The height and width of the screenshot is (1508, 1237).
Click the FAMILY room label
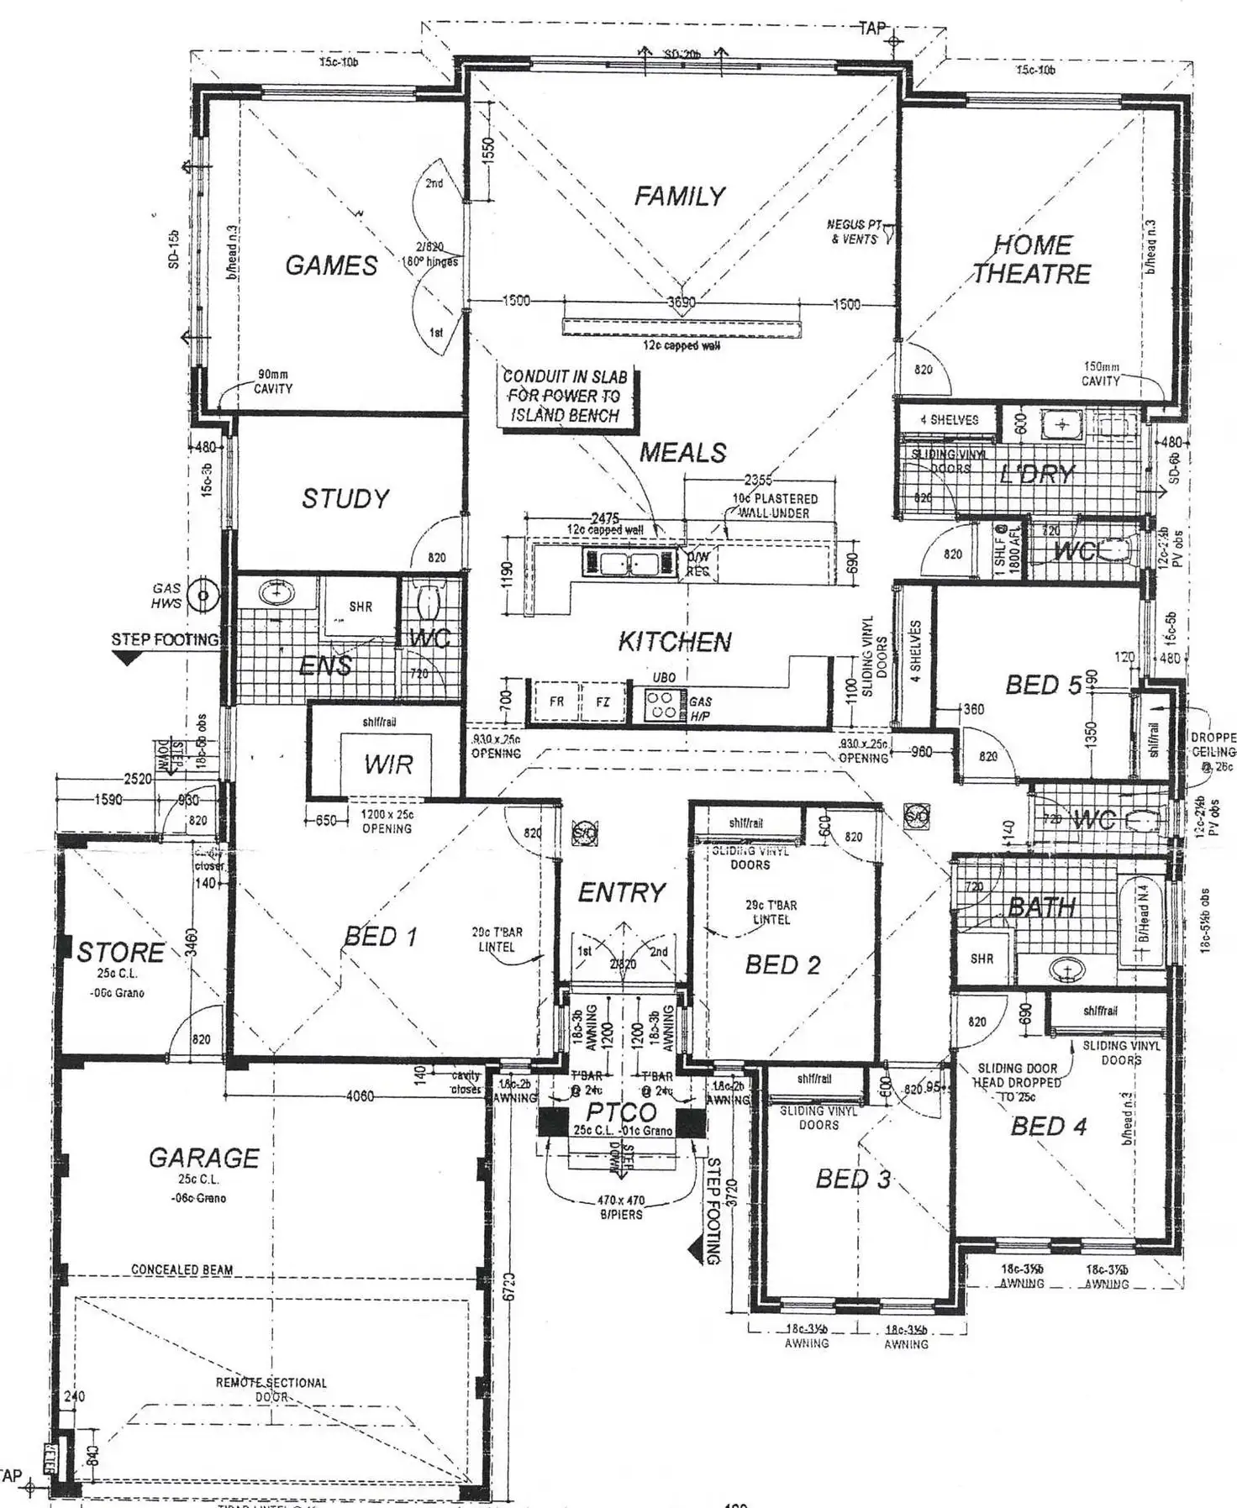click(679, 197)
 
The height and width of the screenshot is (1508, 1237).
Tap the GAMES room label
click(331, 265)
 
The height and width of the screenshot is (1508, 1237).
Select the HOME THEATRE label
click(1032, 260)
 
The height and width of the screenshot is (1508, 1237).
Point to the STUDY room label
click(345, 499)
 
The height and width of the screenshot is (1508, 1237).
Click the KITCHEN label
click(674, 642)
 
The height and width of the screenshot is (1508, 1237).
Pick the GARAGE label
click(203, 1159)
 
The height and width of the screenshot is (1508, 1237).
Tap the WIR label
click(388, 765)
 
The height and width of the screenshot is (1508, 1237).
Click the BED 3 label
click(853, 1180)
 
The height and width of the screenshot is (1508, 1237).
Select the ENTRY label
click(621, 892)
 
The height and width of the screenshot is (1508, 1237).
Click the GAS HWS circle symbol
click(203, 596)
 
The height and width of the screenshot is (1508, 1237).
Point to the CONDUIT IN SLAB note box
click(565, 397)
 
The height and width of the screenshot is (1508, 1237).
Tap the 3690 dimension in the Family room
click(681, 302)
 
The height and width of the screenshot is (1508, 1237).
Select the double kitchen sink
click(629, 563)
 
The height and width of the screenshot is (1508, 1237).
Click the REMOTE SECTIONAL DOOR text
click(271, 1390)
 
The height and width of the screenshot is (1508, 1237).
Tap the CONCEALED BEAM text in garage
click(182, 1269)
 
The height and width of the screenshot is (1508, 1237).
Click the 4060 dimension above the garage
click(359, 1096)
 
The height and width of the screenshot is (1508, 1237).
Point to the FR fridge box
click(556, 701)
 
